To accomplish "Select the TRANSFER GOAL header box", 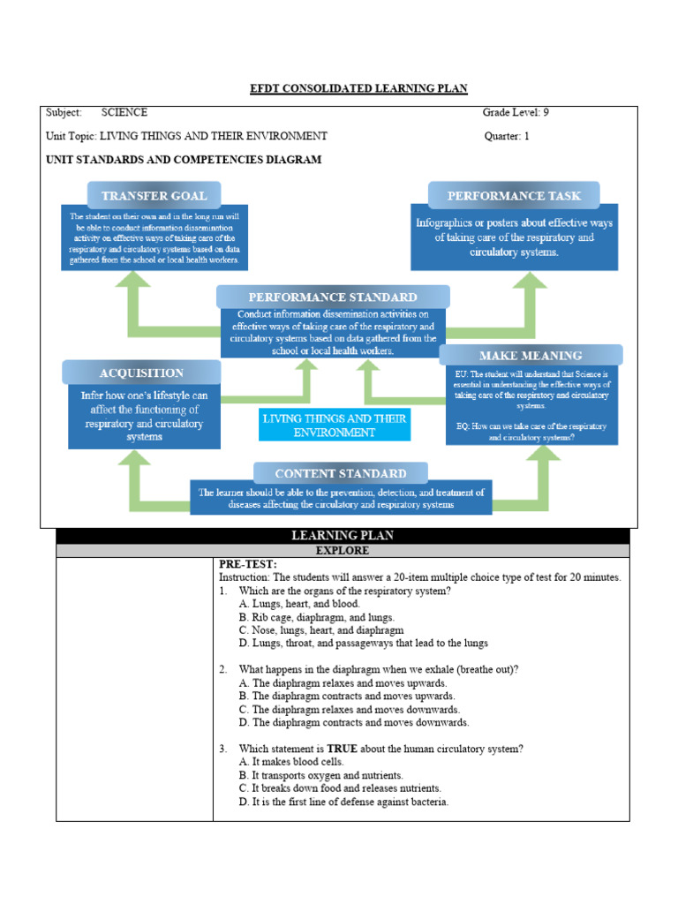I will point(154,195).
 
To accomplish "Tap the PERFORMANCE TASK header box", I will point(513,195).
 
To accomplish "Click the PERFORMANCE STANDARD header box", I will point(333,298).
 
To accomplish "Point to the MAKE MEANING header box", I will point(531,355).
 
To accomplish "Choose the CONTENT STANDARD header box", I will point(341,473).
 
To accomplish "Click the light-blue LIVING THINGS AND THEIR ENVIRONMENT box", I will point(335,426).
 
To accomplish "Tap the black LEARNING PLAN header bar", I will point(343,536).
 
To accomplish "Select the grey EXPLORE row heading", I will point(343,550).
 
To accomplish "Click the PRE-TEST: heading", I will point(248,564).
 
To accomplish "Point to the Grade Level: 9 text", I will point(516,113).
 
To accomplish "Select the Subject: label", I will point(64,113).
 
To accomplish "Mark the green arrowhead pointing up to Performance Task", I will point(533,283).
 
